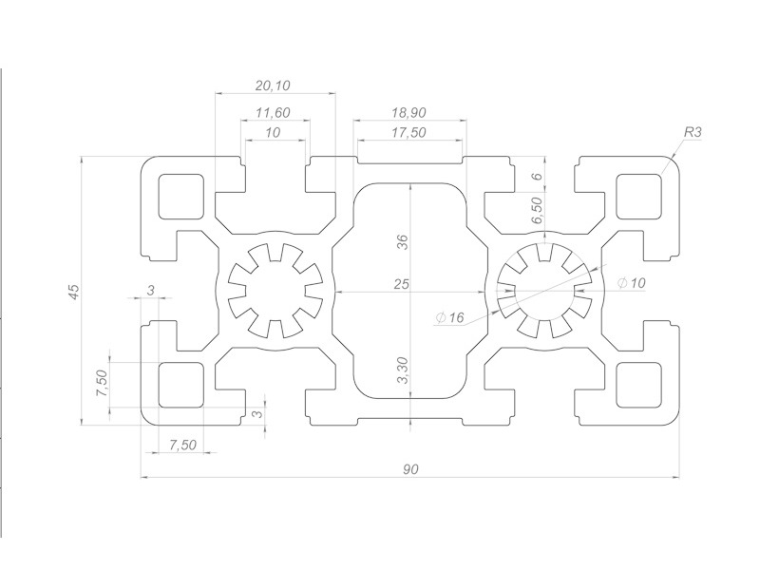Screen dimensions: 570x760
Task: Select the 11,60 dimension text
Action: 273,113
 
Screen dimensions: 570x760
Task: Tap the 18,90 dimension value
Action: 409,112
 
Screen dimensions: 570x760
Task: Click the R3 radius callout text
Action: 692,132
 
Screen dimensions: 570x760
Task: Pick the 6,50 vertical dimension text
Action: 537,211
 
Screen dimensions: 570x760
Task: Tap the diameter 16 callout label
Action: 450,318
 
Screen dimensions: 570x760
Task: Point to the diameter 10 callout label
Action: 631,283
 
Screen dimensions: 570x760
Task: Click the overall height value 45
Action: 73,292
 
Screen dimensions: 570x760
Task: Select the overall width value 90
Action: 410,468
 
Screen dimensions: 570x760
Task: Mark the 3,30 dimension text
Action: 402,370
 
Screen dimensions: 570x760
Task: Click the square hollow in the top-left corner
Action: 180,196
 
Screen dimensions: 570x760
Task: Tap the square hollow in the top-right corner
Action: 638,196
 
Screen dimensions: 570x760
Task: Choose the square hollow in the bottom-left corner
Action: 180,383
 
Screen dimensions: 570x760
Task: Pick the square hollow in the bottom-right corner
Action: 638,383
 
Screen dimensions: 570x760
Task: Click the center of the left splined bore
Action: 273,290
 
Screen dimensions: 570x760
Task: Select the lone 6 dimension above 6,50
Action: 537,177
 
